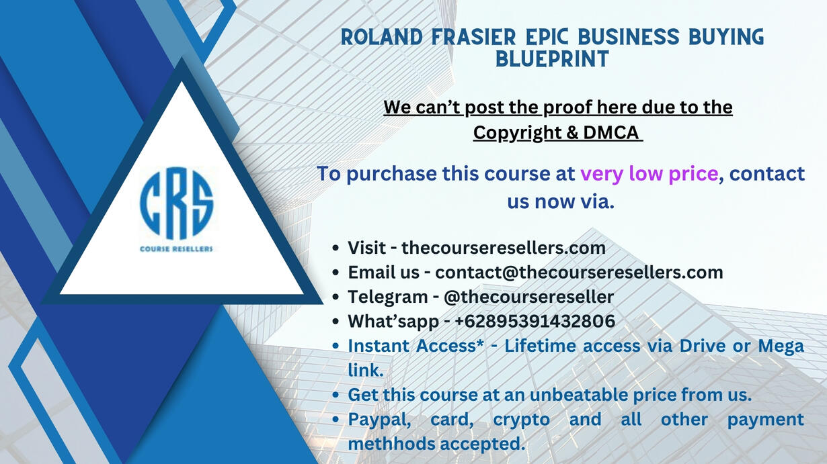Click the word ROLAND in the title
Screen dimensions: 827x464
click(382, 37)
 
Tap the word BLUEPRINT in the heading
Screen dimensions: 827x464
click(552, 59)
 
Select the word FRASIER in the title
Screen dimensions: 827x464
click(474, 37)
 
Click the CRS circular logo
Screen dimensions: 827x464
click(176, 203)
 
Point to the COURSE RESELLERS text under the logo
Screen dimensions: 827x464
click(176, 249)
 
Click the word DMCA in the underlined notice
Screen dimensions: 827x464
click(611, 132)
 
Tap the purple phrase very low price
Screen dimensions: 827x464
click(649, 174)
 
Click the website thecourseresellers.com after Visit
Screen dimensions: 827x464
click(504, 248)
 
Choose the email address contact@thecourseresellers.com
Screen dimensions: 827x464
click(579, 273)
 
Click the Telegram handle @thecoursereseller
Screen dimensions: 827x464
click(528, 297)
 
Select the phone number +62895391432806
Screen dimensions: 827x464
click(535, 321)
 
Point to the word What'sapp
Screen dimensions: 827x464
click(393, 322)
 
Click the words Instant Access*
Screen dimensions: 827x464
click(416, 346)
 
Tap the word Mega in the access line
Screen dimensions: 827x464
click(781, 346)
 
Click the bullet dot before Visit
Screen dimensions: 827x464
click(336, 248)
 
